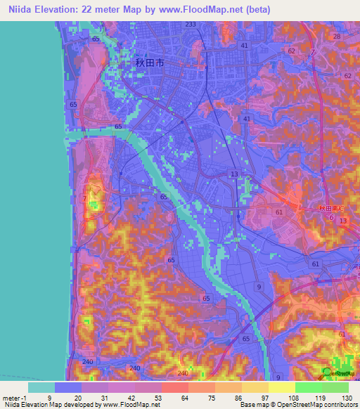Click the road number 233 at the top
tap(190, 25)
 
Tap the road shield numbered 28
tap(337, 37)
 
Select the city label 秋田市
tap(149, 63)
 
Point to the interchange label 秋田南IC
tap(329, 209)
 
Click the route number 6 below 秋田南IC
tap(331, 218)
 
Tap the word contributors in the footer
tap(336, 405)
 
